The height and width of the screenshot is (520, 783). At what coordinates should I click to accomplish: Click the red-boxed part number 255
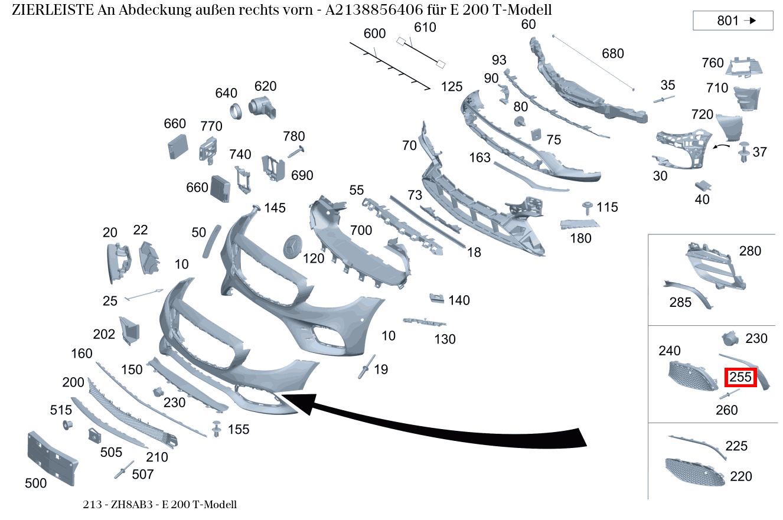[740, 377]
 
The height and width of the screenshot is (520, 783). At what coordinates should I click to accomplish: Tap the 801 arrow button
[733, 21]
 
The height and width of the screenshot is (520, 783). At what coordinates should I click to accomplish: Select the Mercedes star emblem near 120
[292, 247]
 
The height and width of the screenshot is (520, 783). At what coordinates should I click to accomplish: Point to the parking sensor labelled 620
[262, 107]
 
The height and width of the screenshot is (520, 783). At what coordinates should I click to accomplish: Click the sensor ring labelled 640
[236, 112]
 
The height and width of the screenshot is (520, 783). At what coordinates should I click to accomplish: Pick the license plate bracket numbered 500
[53, 459]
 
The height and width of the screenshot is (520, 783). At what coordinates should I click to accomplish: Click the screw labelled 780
[296, 152]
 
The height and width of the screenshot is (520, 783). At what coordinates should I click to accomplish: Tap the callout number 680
[613, 54]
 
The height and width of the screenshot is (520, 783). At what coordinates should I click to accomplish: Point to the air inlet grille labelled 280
[715, 266]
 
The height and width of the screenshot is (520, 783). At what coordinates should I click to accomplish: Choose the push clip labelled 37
[743, 152]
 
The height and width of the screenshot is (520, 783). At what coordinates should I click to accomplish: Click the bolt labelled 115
[587, 208]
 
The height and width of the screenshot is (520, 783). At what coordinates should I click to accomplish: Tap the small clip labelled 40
[703, 185]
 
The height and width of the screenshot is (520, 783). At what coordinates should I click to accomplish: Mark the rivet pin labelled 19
[366, 367]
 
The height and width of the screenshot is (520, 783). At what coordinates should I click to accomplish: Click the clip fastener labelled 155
[217, 429]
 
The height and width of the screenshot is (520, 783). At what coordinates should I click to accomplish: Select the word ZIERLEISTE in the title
[53, 10]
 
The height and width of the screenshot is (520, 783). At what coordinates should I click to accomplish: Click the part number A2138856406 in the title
[374, 10]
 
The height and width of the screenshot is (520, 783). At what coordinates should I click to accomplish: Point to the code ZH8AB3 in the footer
[132, 505]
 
